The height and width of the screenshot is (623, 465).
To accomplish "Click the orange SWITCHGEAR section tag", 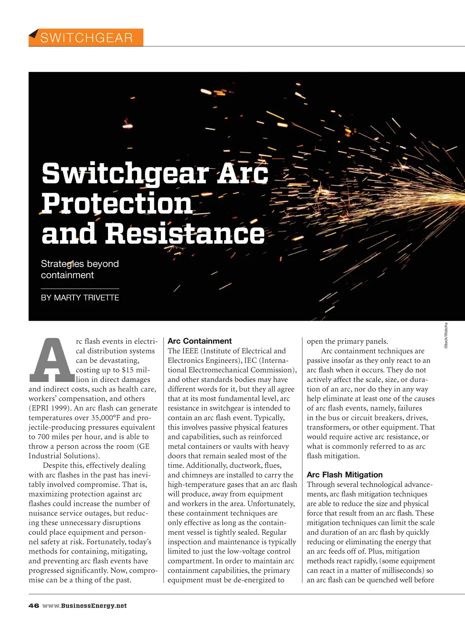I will (x=86, y=37).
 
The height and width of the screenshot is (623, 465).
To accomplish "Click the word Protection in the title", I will (x=117, y=203).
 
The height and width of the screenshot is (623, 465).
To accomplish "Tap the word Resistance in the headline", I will (x=185, y=234).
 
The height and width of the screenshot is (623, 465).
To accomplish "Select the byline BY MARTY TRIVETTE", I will (x=80, y=298).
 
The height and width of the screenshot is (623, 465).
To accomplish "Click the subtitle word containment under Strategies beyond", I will (x=67, y=275).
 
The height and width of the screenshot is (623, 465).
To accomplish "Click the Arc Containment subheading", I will (x=199, y=341).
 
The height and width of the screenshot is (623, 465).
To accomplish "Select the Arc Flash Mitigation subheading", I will (x=344, y=475).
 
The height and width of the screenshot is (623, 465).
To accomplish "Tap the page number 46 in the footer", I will (x=34, y=606).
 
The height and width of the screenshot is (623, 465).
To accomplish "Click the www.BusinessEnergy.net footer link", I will (x=84, y=606).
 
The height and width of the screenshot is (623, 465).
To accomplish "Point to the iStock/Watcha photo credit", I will (x=446, y=336).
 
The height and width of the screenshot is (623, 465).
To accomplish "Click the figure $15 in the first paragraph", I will (x=128, y=370).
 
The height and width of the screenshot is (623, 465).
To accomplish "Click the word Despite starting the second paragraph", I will (x=56, y=466).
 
